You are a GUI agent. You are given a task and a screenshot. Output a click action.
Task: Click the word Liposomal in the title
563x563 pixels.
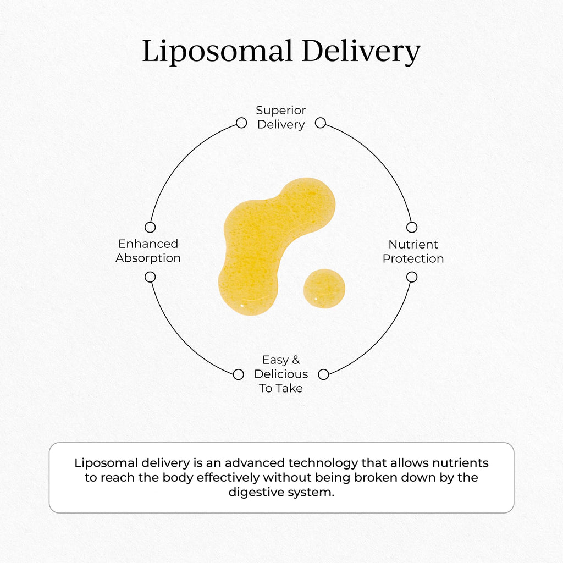(x=217, y=52)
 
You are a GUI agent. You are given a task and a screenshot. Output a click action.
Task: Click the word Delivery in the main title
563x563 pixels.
(x=361, y=52)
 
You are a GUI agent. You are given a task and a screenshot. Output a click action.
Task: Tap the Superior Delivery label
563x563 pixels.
(x=281, y=118)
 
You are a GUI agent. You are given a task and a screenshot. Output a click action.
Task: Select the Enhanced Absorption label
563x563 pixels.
(x=148, y=251)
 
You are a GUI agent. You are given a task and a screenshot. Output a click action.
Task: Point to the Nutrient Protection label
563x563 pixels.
(x=413, y=251)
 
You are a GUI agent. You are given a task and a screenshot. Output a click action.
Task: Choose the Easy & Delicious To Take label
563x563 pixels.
(x=281, y=374)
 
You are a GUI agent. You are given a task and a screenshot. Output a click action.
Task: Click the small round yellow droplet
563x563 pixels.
(x=324, y=288)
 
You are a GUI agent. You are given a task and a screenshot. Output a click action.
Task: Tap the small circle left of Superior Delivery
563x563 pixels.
(x=241, y=123)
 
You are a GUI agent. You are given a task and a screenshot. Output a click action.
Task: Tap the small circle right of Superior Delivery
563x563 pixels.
(x=321, y=123)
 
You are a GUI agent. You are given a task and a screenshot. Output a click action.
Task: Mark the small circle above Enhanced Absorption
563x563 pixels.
(x=150, y=227)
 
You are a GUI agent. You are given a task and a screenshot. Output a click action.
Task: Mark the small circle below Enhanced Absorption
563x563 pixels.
(x=150, y=277)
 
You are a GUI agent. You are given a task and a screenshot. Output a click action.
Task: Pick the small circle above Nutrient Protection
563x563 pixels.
(x=412, y=227)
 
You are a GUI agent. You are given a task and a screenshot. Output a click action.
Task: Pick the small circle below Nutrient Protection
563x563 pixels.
(x=412, y=277)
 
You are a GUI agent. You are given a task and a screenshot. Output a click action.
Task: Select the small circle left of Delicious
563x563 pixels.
(x=239, y=374)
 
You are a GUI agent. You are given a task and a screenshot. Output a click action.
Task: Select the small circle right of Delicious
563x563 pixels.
(x=323, y=374)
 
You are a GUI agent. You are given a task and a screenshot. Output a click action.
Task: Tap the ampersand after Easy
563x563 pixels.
(x=296, y=360)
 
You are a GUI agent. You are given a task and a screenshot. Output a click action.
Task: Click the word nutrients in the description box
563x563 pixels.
(x=460, y=463)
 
